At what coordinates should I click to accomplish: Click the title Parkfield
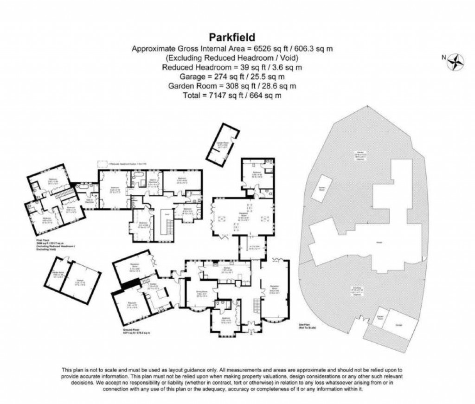(232, 37)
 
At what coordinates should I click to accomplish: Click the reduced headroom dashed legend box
(101, 164)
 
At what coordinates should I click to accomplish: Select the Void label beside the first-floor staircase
(167, 215)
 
